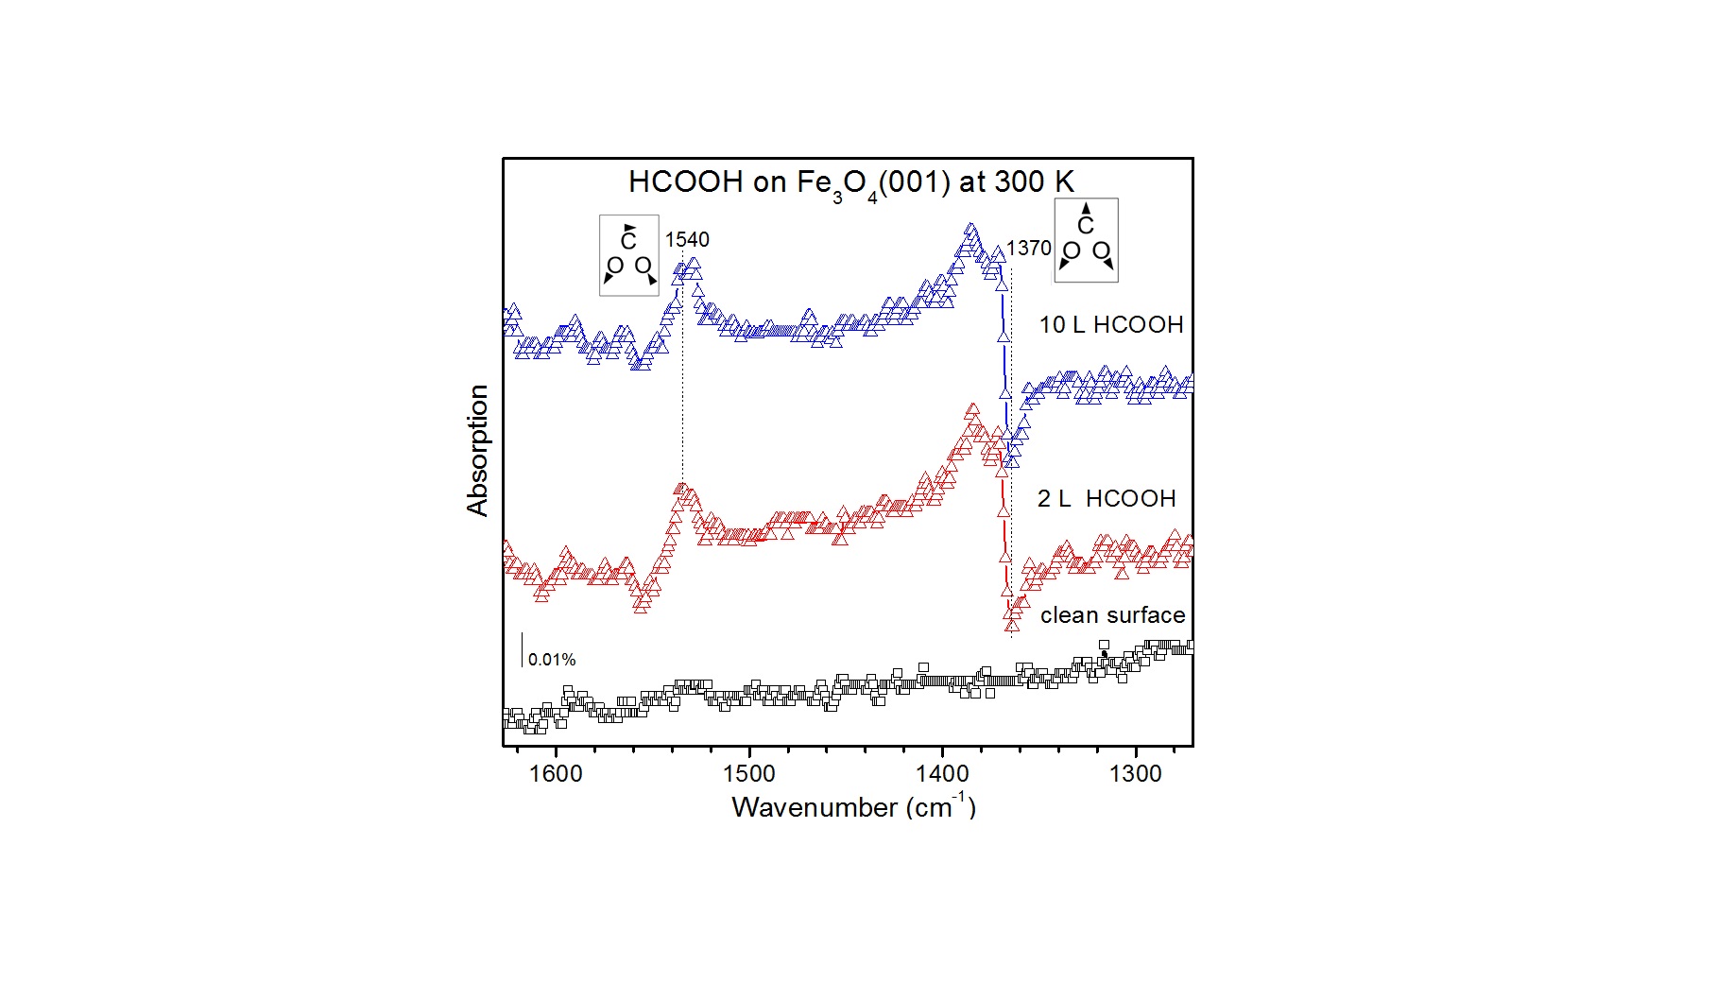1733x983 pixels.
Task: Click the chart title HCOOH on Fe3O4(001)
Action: pyautogui.click(x=850, y=181)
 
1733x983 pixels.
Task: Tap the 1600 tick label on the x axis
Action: pyautogui.click(x=556, y=774)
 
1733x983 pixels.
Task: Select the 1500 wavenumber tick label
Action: pyautogui.click(x=748, y=774)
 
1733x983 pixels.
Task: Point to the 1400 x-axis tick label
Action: pyautogui.click(x=942, y=774)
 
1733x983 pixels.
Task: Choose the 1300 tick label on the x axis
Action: pyautogui.click(x=1135, y=774)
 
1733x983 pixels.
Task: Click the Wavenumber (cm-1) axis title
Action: pyautogui.click(x=853, y=806)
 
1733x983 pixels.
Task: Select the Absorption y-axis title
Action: pyautogui.click(x=478, y=450)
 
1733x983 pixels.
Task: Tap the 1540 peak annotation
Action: pyautogui.click(x=687, y=240)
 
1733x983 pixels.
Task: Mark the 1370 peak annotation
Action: pyautogui.click(x=1028, y=249)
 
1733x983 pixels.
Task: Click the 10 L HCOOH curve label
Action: pyautogui.click(x=1111, y=325)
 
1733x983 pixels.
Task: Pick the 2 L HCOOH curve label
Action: pyautogui.click(x=1107, y=499)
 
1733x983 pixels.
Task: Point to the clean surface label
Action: pyautogui.click(x=1112, y=615)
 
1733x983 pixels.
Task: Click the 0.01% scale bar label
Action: pyautogui.click(x=552, y=660)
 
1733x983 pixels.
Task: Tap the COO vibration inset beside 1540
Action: pyautogui.click(x=629, y=255)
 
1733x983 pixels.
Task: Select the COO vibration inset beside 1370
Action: pyautogui.click(x=1086, y=240)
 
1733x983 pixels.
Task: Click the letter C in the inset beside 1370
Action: pyautogui.click(x=1086, y=226)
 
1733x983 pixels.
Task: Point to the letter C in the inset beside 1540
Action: pyautogui.click(x=628, y=241)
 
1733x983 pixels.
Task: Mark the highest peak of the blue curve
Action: pyautogui.click(x=970, y=230)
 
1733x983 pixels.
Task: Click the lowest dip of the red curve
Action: pyautogui.click(x=1012, y=624)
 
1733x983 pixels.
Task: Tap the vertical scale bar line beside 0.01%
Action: pyautogui.click(x=523, y=650)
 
